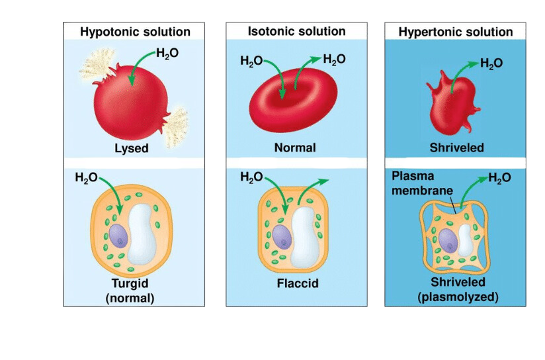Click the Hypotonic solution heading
tap(135, 32)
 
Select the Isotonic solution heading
tap(296, 31)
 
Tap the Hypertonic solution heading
tap(455, 32)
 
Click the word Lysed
tap(132, 148)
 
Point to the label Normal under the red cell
tap(295, 148)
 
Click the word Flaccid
tap(298, 283)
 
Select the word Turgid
tap(130, 283)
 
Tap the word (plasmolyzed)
tap(458, 297)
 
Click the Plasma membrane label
tap(422, 183)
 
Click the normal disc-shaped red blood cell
tap(293, 100)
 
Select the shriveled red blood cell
tap(452, 103)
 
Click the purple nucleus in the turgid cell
tap(118, 236)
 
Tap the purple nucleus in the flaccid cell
tap(282, 237)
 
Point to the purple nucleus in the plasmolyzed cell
tap(448, 240)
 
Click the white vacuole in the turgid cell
tap(142, 234)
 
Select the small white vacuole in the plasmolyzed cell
tap(465, 240)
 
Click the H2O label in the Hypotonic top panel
tap(167, 53)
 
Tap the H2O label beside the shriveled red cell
tap(491, 64)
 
